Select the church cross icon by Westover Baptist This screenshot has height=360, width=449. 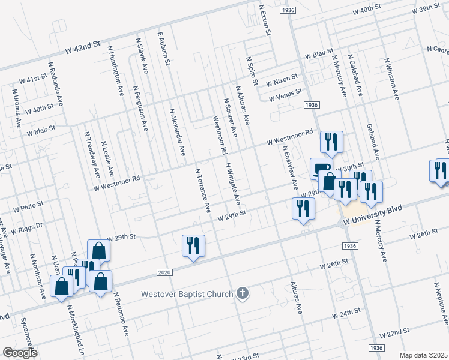242,293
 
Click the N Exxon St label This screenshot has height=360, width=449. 264,17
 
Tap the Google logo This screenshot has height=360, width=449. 20,353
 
